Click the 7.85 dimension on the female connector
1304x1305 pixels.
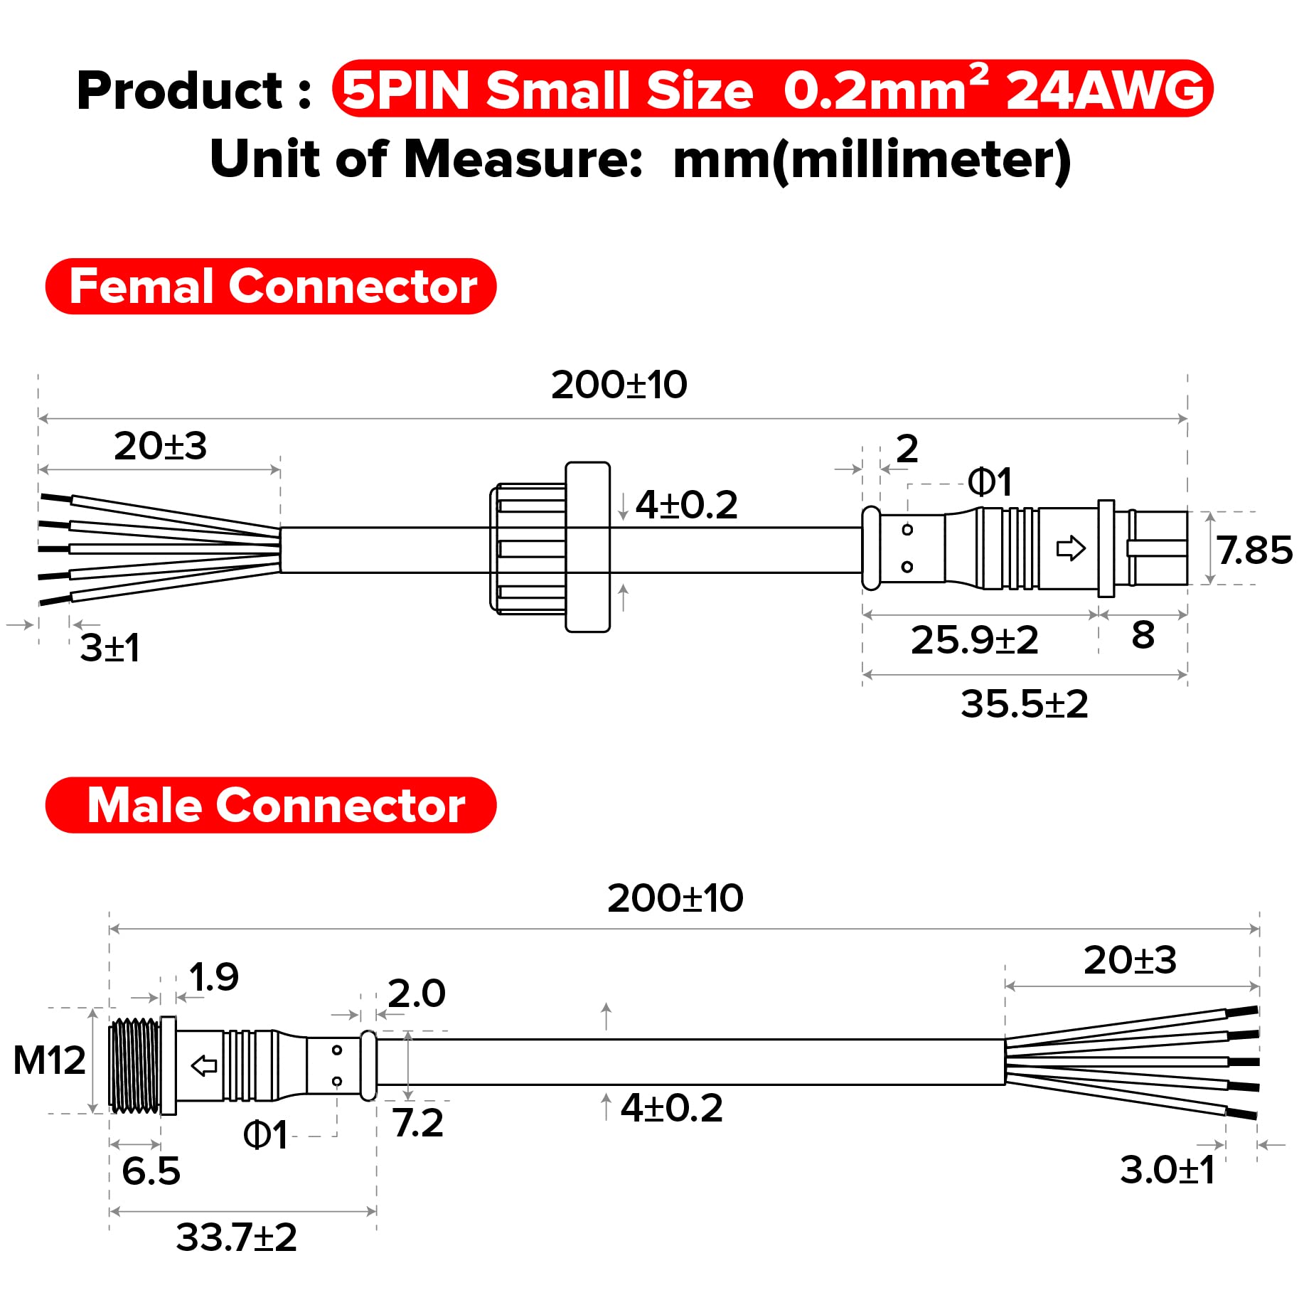1254,550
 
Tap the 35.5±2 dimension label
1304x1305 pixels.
1024,705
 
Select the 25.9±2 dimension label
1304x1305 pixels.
974,640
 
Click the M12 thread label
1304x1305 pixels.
49,1060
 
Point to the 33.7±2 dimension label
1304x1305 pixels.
236,1237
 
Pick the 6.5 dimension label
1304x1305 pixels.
151,1171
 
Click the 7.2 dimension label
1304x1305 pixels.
418,1123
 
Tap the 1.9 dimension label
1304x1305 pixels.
213,977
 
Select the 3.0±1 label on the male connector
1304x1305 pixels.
1167,1170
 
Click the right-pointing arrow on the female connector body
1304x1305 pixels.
1071,548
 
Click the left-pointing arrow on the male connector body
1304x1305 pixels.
205,1065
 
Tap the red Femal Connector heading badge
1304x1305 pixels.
271,287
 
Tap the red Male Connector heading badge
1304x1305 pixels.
271,805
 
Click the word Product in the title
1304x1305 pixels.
180,91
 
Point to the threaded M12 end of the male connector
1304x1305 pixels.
135,1065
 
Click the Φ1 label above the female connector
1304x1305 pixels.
989,483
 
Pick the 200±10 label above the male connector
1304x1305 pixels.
675,898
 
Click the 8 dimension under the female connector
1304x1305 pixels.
1143,635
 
